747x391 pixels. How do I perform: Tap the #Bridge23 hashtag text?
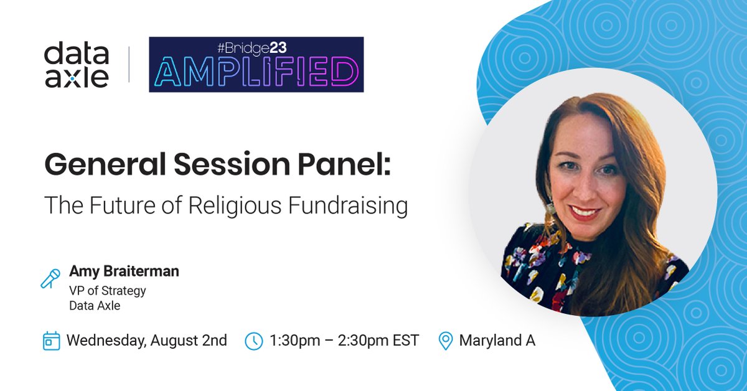(256, 47)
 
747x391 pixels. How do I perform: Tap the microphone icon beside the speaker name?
(50, 278)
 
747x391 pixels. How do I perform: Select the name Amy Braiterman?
(124, 271)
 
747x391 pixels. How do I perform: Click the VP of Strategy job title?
(108, 290)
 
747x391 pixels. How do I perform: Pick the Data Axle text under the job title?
(95, 305)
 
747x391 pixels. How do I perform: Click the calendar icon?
(51, 341)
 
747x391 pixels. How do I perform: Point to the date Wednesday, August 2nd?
(146, 341)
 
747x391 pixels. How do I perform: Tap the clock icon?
(254, 341)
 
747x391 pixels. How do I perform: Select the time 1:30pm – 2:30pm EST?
(344, 341)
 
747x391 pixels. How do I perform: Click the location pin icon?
(446, 341)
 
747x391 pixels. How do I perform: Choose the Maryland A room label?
(497, 341)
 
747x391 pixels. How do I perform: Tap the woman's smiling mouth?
(585, 212)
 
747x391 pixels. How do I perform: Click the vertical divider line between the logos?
(129, 65)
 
